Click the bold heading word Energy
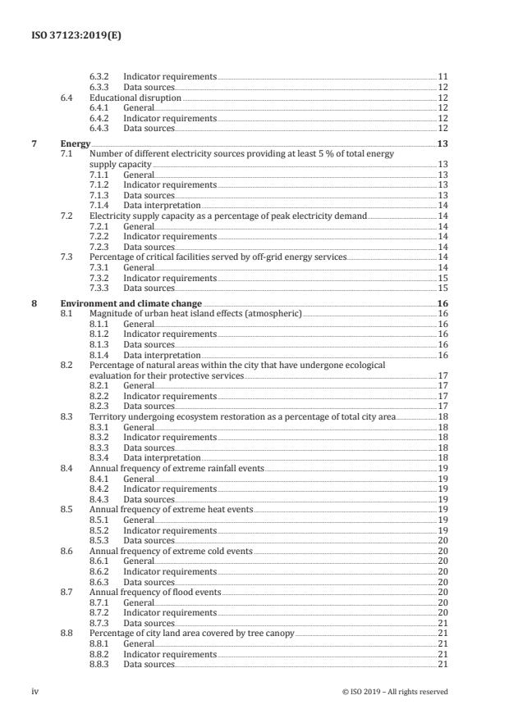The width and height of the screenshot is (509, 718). pyautogui.click(x=76, y=144)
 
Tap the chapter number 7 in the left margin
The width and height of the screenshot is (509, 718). pyautogui.click(x=34, y=144)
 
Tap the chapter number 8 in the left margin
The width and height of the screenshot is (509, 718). pyautogui.click(x=34, y=303)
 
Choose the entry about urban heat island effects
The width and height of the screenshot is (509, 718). pyautogui.click(x=195, y=313)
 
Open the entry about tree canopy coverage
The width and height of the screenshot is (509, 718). pyautogui.click(x=191, y=634)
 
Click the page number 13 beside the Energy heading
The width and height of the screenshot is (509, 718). pyautogui.click(x=442, y=144)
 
